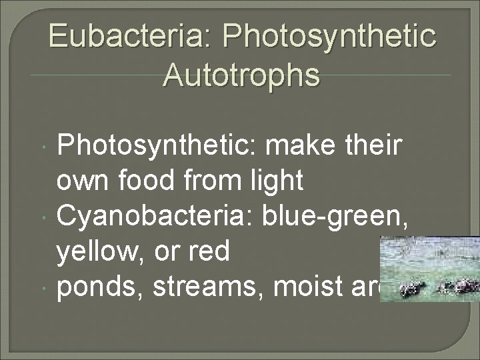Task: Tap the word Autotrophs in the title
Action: (x=241, y=75)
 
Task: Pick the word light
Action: (x=275, y=180)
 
